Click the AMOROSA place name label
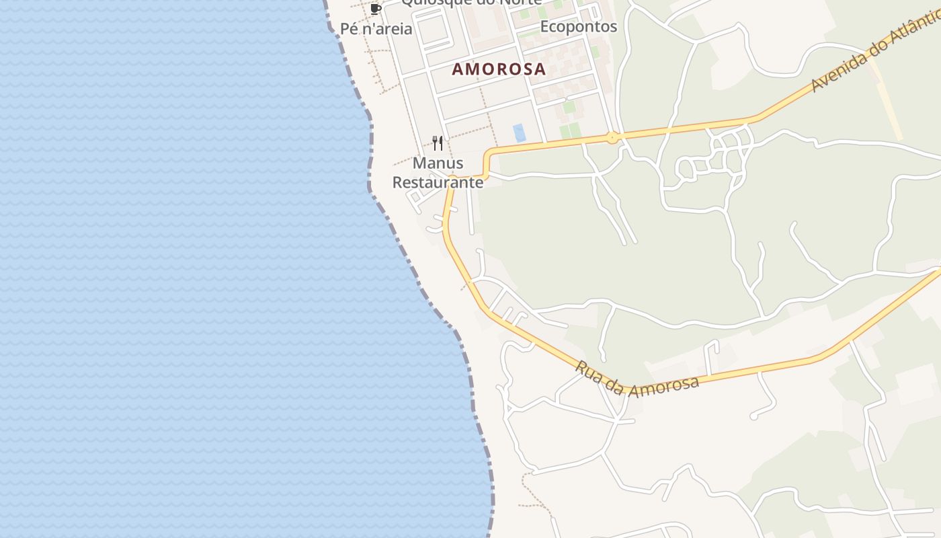499,69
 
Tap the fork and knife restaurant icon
438,143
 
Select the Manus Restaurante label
438,173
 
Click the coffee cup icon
376,9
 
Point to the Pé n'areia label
376,29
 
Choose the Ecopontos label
579,26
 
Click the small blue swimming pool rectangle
520,132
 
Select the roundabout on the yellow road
612,138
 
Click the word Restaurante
438,182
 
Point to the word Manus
438,163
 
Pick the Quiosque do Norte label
471,2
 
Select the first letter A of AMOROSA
458,69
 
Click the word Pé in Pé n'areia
350,29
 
